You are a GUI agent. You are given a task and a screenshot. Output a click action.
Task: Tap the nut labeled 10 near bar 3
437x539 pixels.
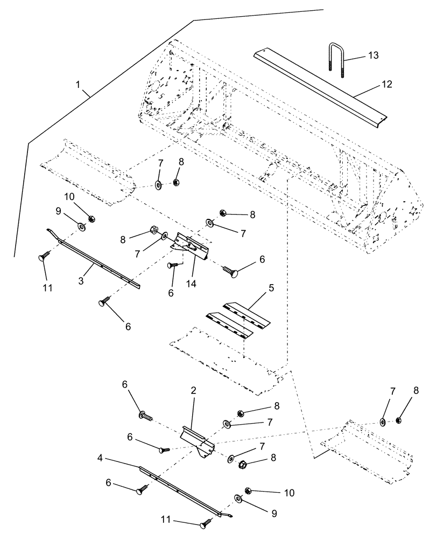[91, 219]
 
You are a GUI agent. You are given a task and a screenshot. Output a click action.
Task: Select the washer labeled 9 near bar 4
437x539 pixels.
[238, 496]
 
